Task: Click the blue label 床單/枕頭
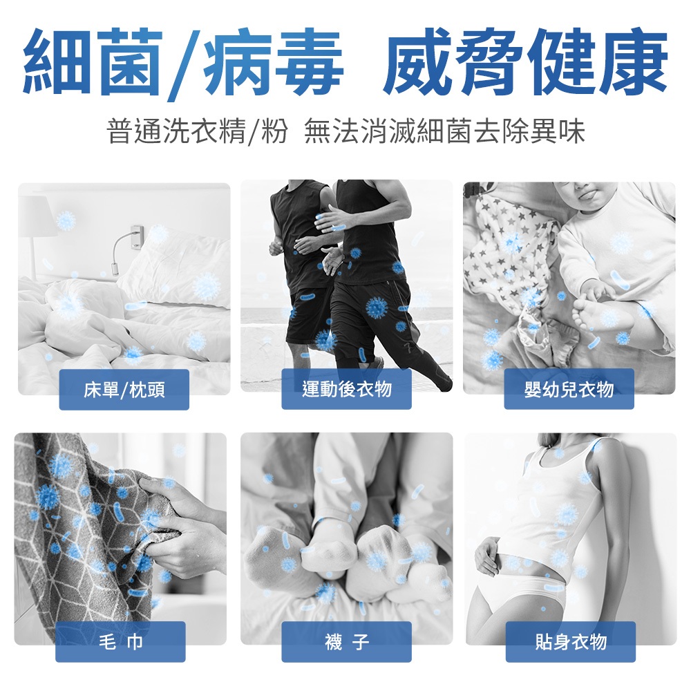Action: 124,390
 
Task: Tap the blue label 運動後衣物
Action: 346,389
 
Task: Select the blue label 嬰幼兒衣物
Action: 569,389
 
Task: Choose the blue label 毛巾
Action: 120,642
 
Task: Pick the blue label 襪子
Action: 346,642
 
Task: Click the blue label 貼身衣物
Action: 571,642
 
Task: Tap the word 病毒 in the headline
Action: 272,61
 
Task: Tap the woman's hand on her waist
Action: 489,556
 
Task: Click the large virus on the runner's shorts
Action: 377,307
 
